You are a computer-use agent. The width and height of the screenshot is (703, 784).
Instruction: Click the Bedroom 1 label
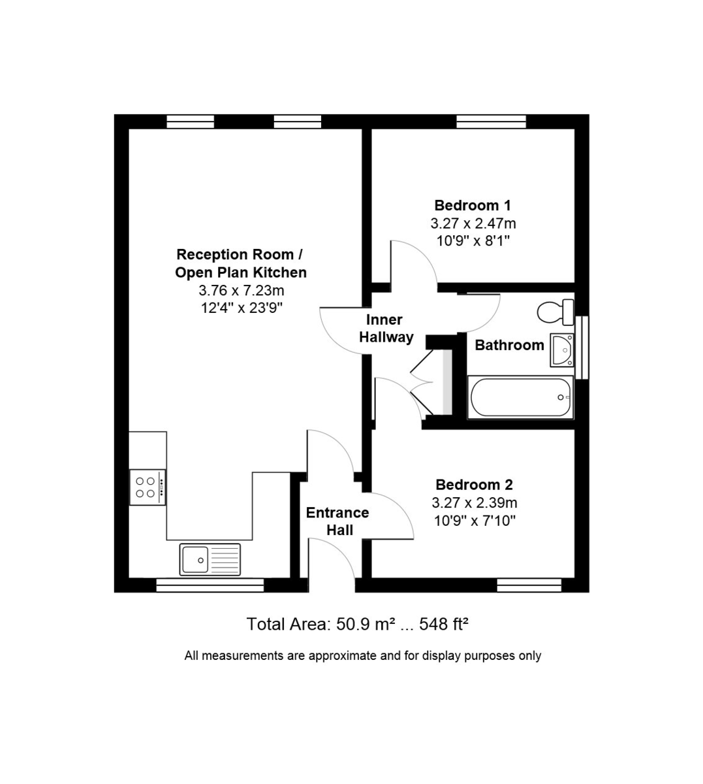[x=473, y=205]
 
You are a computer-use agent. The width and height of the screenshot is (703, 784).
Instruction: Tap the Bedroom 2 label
[x=474, y=485]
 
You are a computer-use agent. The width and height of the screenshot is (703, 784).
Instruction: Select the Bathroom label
[x=509, y=345]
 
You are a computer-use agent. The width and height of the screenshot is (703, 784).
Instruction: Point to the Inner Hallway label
[x=386, y=329]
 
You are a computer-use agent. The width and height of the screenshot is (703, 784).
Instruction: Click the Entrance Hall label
[x=337, y=521]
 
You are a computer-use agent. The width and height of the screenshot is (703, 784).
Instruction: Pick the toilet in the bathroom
[x=555, y=312]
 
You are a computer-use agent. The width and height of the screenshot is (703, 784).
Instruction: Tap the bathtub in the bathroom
[x=520, y=397]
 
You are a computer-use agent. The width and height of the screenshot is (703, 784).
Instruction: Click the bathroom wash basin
[x=561, y=350]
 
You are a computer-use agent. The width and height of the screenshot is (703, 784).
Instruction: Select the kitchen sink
[x=210, y=559]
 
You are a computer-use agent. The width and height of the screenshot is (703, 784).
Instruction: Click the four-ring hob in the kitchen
[x=148, y=487]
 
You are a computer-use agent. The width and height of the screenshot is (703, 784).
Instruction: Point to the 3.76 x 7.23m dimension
[x=242, y=290]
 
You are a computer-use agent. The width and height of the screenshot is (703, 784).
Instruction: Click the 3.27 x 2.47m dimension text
[x=473, y=223]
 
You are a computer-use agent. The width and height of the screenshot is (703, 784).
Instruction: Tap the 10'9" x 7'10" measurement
[x=475, y=521]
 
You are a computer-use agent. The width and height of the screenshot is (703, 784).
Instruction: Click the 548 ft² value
[x=444, y=625]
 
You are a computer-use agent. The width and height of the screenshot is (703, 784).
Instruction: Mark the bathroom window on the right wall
[x=583, y=347]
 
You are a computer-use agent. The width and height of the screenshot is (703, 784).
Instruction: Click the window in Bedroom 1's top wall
[x=491, y=122]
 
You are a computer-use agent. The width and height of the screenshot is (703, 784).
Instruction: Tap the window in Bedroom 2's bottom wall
[x=529, y=585]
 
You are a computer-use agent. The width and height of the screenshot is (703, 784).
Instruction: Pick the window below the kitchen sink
[x=210, y=585]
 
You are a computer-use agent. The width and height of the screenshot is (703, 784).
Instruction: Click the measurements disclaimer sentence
[x=363, y=655]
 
